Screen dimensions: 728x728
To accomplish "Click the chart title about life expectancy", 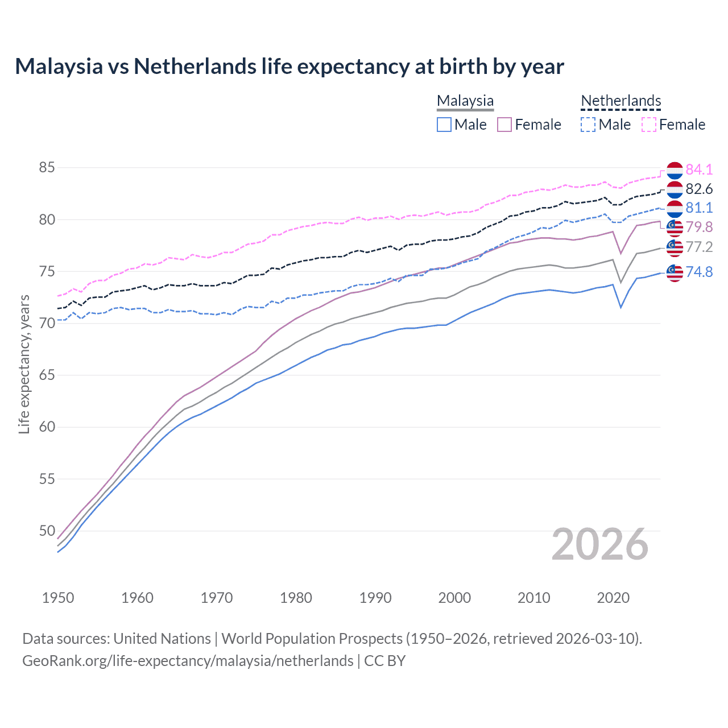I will point(289,67).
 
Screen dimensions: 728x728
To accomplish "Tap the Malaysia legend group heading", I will point(465,101).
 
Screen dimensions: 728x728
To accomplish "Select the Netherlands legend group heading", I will point(621,101).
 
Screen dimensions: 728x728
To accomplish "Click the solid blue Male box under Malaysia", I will point(444,125).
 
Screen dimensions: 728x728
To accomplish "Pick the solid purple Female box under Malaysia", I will point(504,125).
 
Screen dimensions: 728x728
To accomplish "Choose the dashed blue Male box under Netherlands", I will point(588,125).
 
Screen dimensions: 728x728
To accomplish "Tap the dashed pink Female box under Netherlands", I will point(649,125).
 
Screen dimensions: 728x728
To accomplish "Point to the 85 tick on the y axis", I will point(47,168).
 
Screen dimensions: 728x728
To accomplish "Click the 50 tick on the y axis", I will point(47,531).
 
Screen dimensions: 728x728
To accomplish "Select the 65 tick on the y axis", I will point(47,375).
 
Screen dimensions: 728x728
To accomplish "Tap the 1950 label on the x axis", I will point(58,598).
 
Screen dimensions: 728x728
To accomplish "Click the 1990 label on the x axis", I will point(375,598).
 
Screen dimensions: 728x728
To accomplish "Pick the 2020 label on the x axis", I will point(613,598).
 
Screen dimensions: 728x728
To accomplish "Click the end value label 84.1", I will point(699,169).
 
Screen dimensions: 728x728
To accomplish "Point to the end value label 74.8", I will point(699,272).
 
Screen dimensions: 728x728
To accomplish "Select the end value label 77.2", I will point(699,247).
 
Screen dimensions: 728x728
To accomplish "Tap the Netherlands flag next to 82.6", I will point(675,189).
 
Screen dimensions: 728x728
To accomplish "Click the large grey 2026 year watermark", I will point(600,544).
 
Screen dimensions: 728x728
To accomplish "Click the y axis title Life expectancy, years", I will point(24,364).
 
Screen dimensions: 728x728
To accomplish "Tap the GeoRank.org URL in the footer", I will point(188,661).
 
